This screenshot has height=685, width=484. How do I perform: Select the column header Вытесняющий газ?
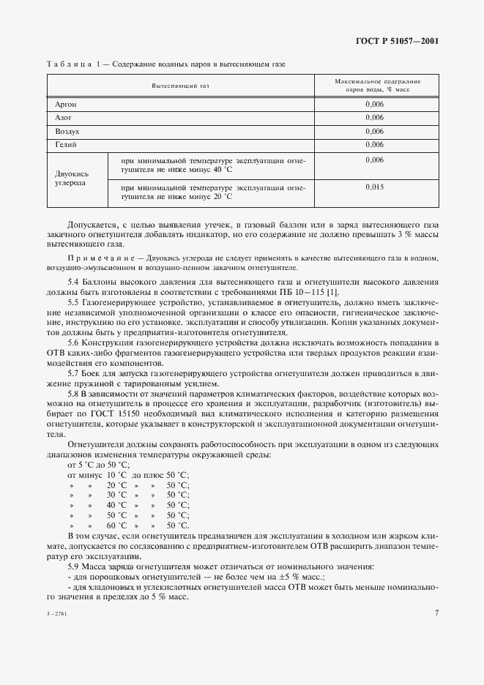click(x=180, y=86)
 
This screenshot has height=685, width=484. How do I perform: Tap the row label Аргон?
click(x=66, y=105)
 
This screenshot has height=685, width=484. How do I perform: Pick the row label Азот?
click(x=63, y=118)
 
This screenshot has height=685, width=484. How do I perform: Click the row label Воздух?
click(x=67, y=132)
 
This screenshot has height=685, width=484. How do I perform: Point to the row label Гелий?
click(x=65, y=145)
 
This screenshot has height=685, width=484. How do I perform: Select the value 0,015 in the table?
click(x=374, y=187)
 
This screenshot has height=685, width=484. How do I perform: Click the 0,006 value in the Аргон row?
click(x=374, y=105)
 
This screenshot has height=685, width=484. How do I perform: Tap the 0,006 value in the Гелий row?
click(x=374, y=145)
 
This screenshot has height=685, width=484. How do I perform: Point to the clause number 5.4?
click(x=74, y=281)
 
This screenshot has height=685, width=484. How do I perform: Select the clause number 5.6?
click(x=74, y=342)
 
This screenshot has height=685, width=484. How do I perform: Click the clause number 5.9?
click(x=74, y=567)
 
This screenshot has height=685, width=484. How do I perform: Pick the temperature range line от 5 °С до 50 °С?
click(x=98, y=465)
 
